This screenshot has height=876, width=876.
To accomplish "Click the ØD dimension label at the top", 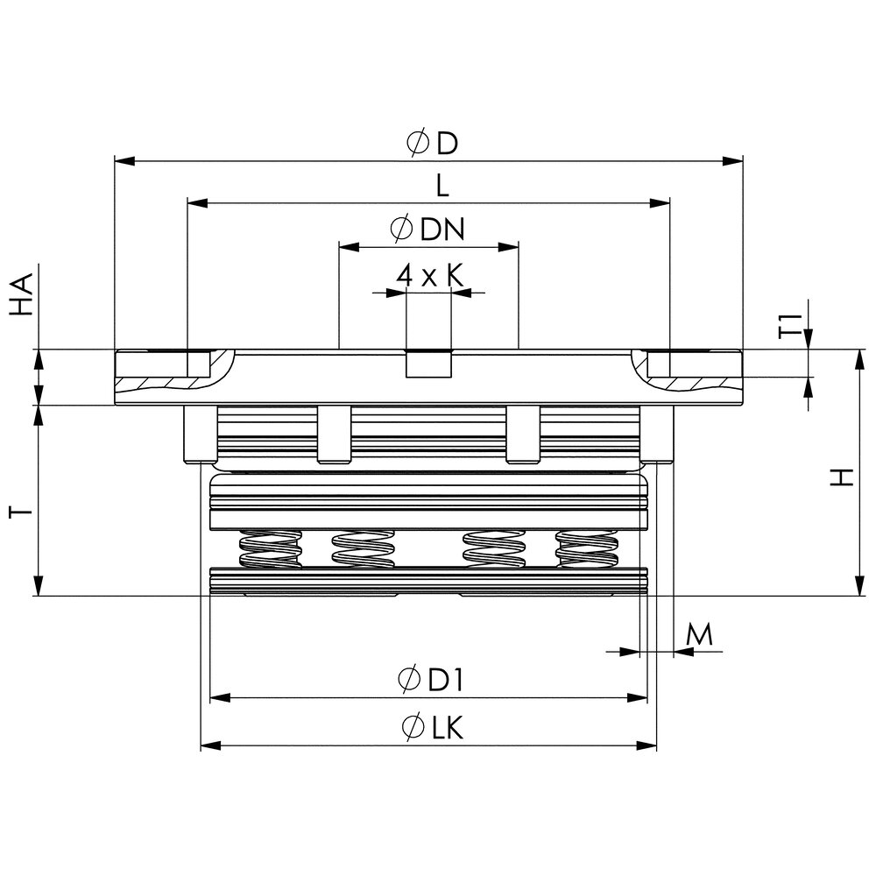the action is [432, 143].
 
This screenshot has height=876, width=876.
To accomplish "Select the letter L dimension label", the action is [442, 186].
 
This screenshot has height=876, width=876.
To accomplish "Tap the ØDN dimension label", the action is [427, 229].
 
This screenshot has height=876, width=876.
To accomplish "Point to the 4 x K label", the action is [429, 275].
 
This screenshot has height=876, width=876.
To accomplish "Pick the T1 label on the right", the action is [790, 326].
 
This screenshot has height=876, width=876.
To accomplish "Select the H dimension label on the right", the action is [841, 477].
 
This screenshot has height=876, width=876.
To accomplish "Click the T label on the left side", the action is [21, 512].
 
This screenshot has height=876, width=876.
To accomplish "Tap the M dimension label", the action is [699, 634].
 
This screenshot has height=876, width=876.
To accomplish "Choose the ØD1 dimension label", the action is [431, 680].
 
